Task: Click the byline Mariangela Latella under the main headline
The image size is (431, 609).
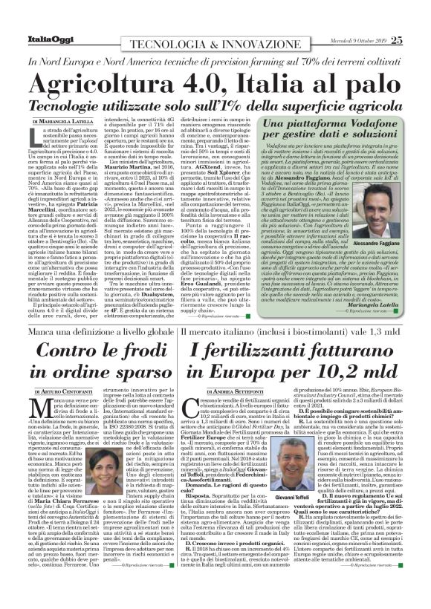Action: pyautogui.click(x=68, y=120)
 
